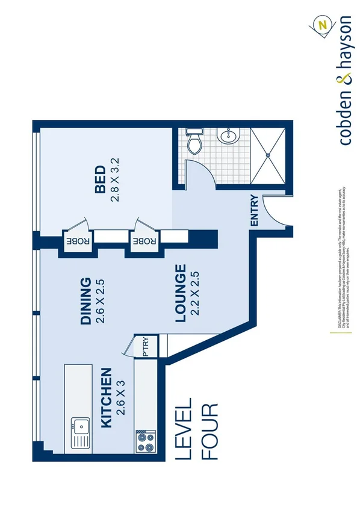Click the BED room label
pos(100,180)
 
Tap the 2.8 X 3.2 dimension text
pos(116,180)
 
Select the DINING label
pos(86,300)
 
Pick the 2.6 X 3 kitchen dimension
pos(123,398)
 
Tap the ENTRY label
pos(254,211)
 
